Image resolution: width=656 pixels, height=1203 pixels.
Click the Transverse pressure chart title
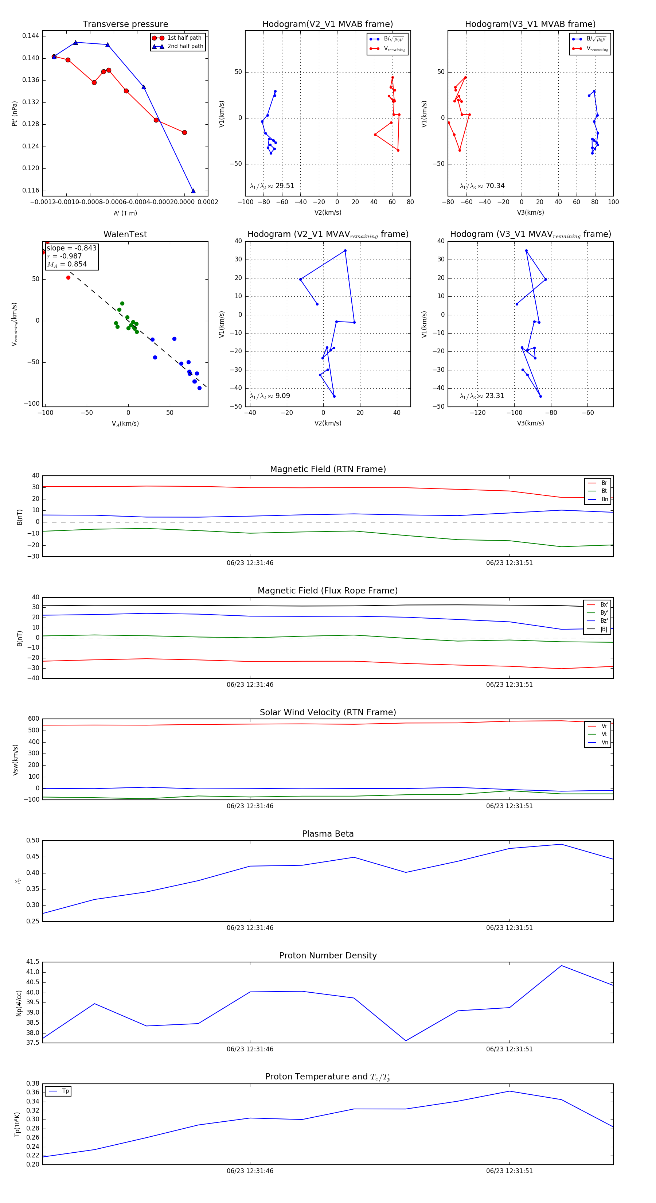125,24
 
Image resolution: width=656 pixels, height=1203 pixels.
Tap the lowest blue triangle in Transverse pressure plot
193,191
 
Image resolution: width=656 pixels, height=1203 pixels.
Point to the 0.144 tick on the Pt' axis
31,36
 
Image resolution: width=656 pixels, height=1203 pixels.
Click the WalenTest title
125,234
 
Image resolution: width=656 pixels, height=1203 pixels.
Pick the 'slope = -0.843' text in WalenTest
71,248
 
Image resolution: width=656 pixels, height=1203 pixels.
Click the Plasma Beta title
328,834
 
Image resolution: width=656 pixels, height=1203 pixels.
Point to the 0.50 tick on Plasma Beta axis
33,841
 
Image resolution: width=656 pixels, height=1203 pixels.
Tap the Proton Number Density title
328,955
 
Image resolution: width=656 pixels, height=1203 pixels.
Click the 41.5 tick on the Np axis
33,962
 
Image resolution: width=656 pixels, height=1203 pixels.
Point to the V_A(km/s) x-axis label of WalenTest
125,424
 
